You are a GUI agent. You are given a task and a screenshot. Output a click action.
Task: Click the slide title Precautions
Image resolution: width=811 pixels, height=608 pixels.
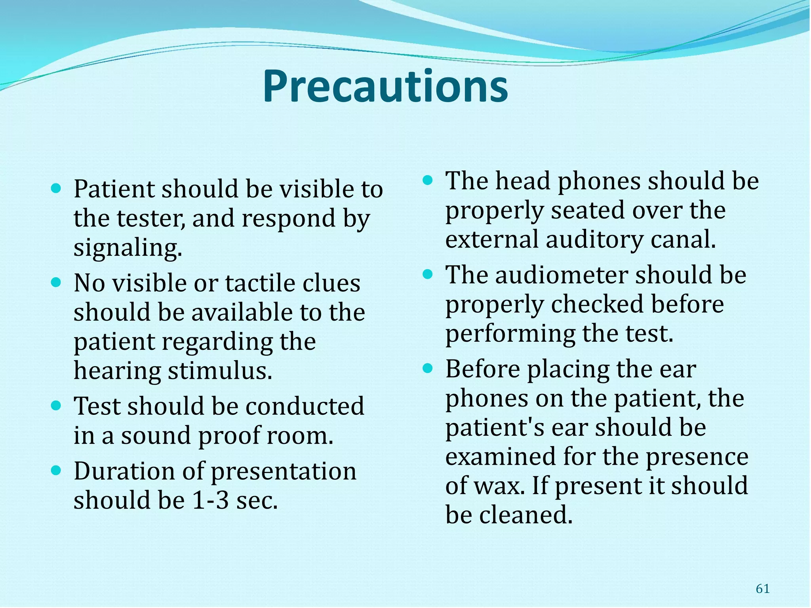point(385,86)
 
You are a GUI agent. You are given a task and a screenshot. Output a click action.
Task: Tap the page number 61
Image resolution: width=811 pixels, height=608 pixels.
point(762,589)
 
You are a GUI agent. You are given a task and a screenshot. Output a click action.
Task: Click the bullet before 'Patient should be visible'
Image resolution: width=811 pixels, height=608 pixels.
point(56,188)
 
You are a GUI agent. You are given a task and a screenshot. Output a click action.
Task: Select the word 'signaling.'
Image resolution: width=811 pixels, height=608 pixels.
point(128,248)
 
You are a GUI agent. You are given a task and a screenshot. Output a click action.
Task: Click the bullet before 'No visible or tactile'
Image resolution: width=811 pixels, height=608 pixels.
point(56,282)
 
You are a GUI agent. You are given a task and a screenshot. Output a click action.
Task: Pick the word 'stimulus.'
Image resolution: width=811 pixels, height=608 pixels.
point(220,371)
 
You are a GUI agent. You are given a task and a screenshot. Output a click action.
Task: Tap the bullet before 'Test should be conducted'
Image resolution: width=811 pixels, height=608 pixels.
point(56,405)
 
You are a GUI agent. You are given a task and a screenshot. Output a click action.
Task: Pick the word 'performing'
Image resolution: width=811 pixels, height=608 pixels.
point(510,334)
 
